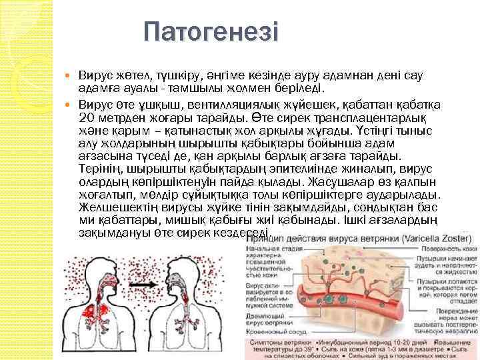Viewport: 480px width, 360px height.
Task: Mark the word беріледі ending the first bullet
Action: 299,87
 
